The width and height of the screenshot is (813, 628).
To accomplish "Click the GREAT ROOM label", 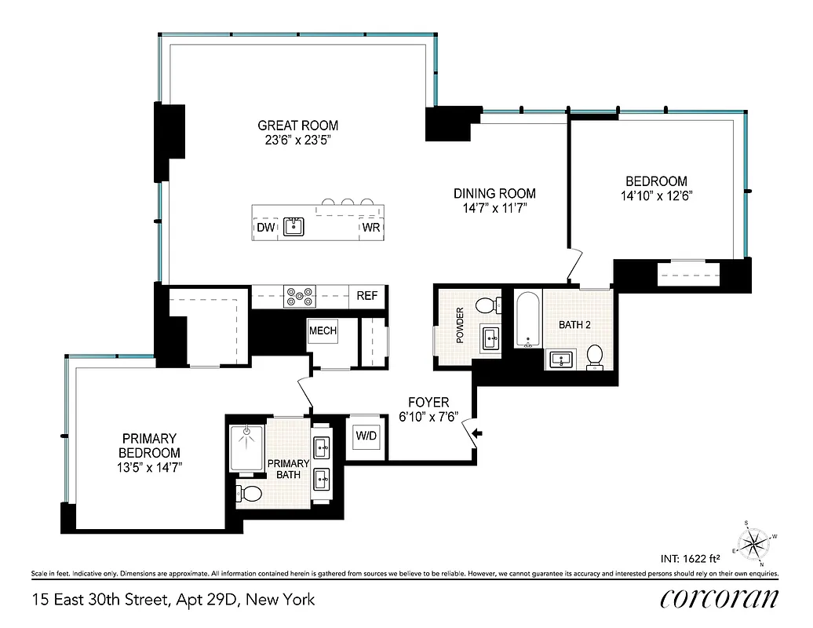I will coord(298,126).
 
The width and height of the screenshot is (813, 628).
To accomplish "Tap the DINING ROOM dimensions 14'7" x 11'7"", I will coord(494,209).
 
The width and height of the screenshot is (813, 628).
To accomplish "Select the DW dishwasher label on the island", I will coord(264,228).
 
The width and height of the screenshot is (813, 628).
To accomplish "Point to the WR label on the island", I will coord(370,228).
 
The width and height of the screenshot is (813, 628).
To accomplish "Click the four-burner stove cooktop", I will coord(300,296).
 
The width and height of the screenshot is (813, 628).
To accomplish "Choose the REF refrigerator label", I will coord(366,296).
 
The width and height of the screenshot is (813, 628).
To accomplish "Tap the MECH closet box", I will coord(323,330).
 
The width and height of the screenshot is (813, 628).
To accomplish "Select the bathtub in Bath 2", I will coord(527,320).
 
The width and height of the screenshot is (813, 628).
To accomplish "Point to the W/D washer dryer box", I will coord(366,435).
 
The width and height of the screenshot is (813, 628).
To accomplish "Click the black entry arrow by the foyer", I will coord(479,433).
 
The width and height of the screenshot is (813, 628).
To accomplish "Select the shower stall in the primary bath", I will coord(246,447).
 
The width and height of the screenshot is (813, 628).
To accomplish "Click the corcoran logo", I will coord(719,599).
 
